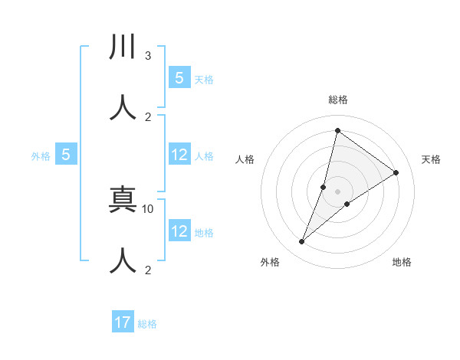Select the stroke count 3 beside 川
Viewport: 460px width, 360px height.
click(x=148, y=56)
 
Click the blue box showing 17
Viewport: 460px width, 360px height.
click(x=123, y=322)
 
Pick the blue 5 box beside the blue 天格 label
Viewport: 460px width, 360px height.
click(x=179, y=78)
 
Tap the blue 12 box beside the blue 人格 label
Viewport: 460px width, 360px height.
click(x=179, y=155)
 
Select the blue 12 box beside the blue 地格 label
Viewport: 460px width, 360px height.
click(x=179, y=231)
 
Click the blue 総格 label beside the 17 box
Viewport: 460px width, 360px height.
click(x=147, y=324)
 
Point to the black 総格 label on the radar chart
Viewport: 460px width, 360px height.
click(x=338, y=100)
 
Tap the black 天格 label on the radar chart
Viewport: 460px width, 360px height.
click(x=431, y=159)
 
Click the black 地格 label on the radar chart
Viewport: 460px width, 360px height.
click(x=402, y=263)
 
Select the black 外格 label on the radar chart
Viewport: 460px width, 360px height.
click(x=270, y=263)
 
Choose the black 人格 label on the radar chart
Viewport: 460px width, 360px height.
click(x=245, y=159)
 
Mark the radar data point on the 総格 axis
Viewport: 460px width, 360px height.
click(x=337, y=130)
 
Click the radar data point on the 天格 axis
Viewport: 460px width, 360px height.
click(x=396, y=173)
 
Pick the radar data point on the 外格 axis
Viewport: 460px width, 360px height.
click(x=302, y=242)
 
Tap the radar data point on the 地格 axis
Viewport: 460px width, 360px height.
click(x=347, y=204)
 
